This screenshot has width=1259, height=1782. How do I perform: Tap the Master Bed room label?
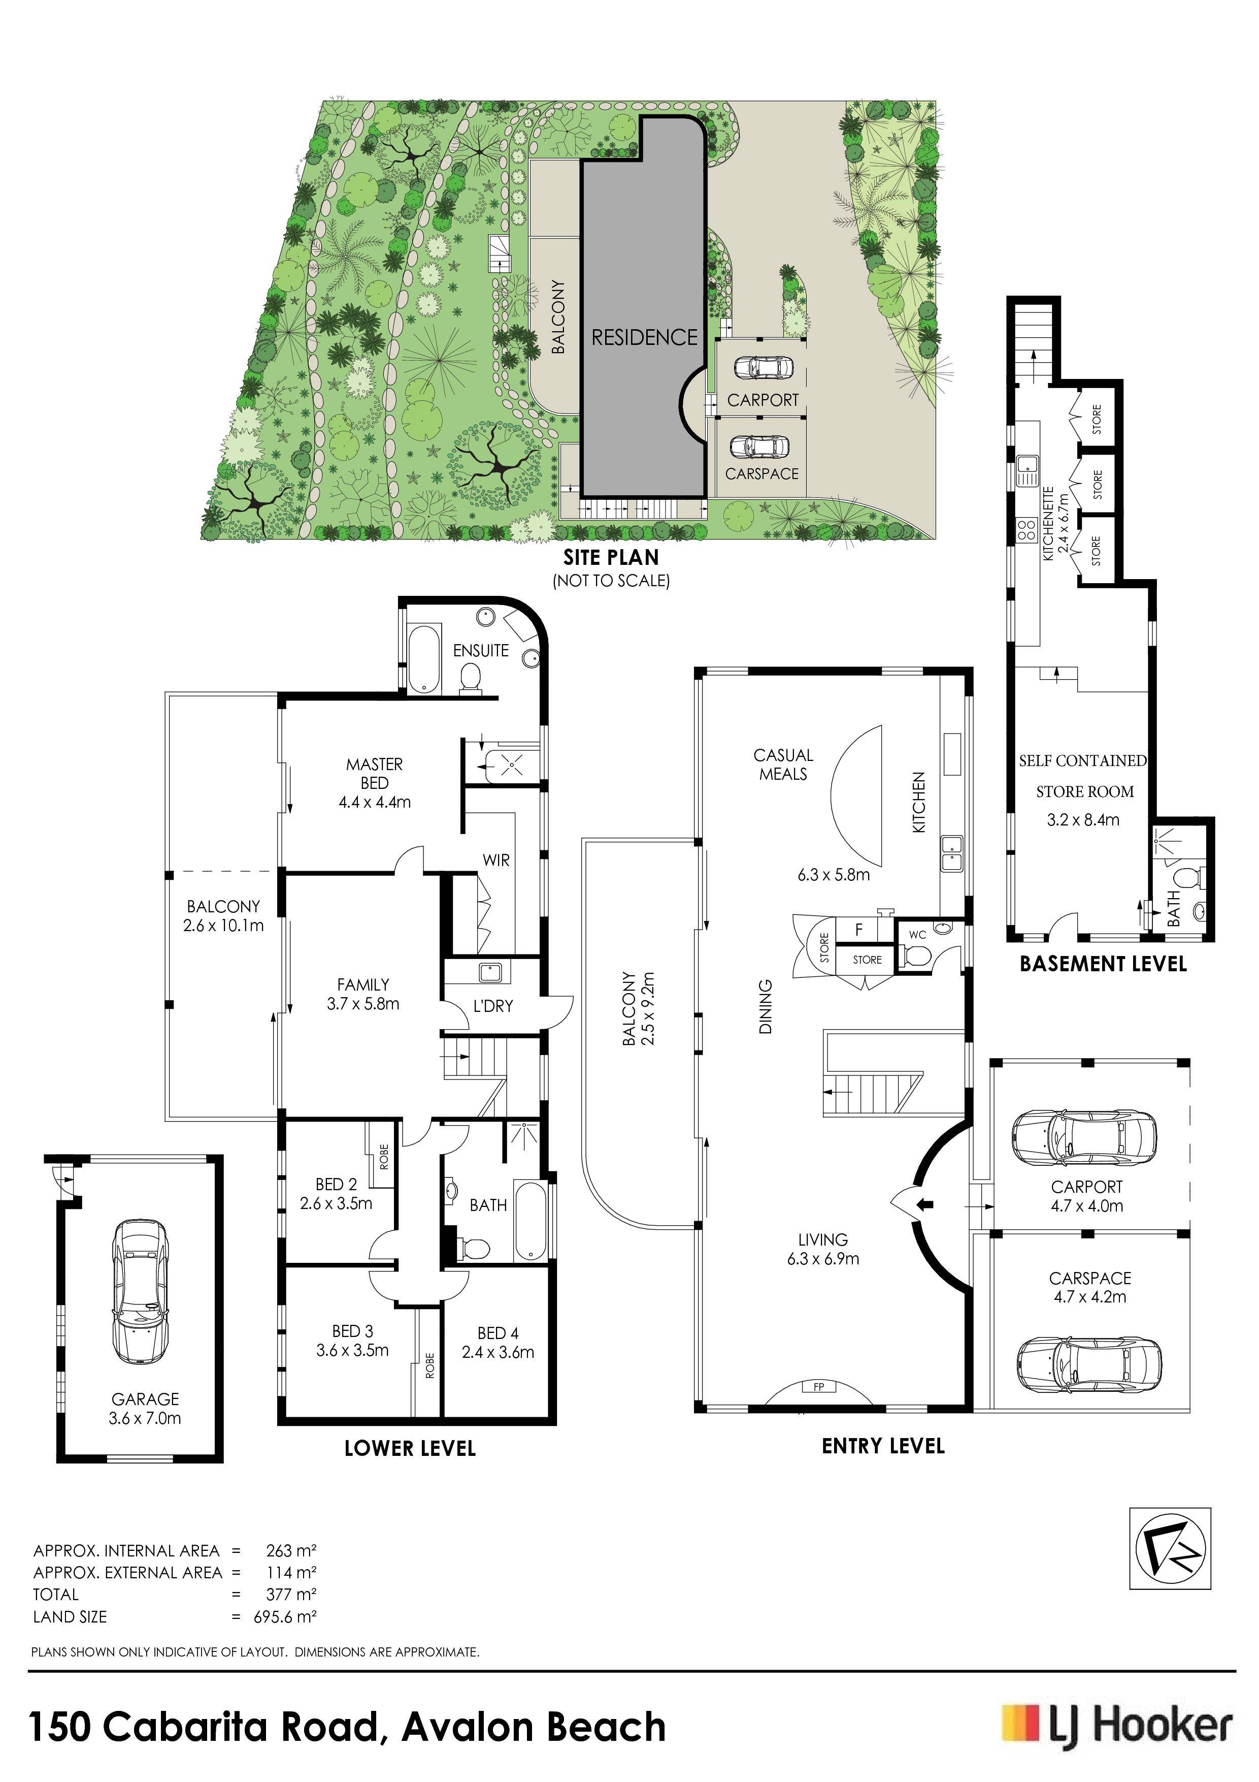[x=375, y=774]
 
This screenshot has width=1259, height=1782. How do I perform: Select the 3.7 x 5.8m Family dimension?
[x=363, y=1004]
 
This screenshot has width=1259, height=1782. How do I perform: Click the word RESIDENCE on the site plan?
[x=645, y=338]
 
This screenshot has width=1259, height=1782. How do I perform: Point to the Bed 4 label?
[x=498, y=1333]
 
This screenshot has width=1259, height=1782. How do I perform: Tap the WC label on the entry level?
[x=918, y=935]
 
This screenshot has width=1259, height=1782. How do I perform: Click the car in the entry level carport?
[x=1083, y=1138]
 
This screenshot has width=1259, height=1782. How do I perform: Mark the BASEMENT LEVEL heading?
[x=1103, y=965]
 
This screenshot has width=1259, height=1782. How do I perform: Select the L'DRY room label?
[x=493, y=1006]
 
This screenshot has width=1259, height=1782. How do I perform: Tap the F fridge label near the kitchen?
[x=859, y=929]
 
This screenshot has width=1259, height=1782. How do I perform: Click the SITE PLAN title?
[x=611, y=557]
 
